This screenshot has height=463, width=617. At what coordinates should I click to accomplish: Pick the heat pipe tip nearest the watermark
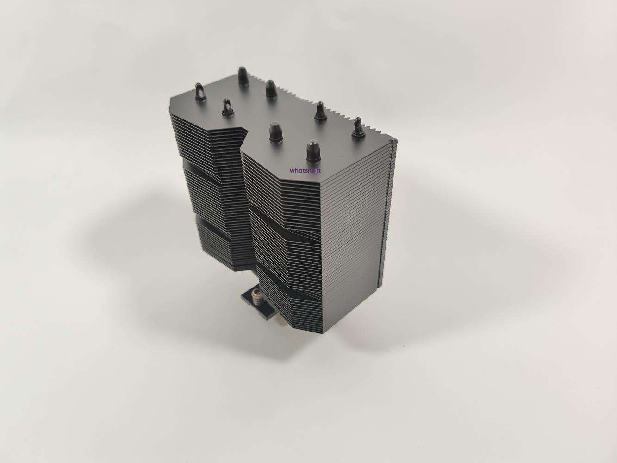(312, 151)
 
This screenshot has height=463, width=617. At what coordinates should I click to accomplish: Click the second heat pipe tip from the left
(228, 108)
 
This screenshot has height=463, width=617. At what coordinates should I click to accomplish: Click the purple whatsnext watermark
(305, 170)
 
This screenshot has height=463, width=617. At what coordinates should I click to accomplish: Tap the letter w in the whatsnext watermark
(292, 171)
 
